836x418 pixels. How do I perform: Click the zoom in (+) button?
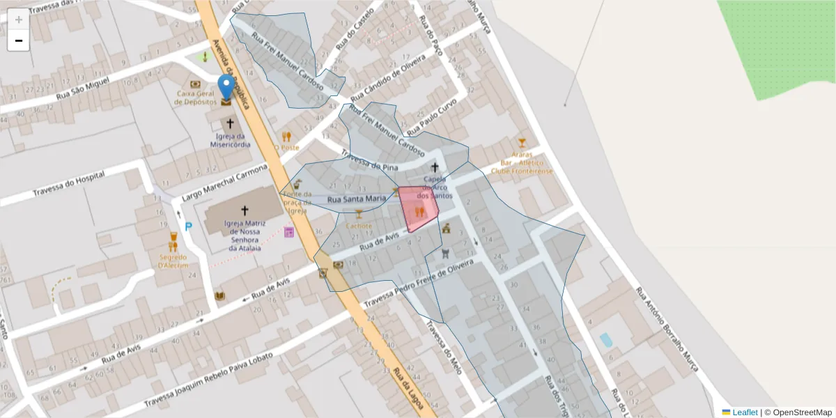(x=18, y=20)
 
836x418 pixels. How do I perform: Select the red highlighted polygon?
(x=418, y=208)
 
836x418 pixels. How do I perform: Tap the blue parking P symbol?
(x=188, y=226)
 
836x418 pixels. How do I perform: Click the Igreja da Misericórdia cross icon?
(x=230, y=123)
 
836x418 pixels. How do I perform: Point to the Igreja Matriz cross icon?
(x=245, y=210)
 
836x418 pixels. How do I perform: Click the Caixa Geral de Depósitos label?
(x=195, y=98)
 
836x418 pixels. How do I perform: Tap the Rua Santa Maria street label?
(x=356, y=199)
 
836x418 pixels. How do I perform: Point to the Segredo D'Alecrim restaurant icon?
(x=173, y=241)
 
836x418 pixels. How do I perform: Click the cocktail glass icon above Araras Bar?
(x=522, y=142)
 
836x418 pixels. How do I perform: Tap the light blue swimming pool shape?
(x=606, y=340)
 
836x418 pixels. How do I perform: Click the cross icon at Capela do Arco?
(x=435, y=167)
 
